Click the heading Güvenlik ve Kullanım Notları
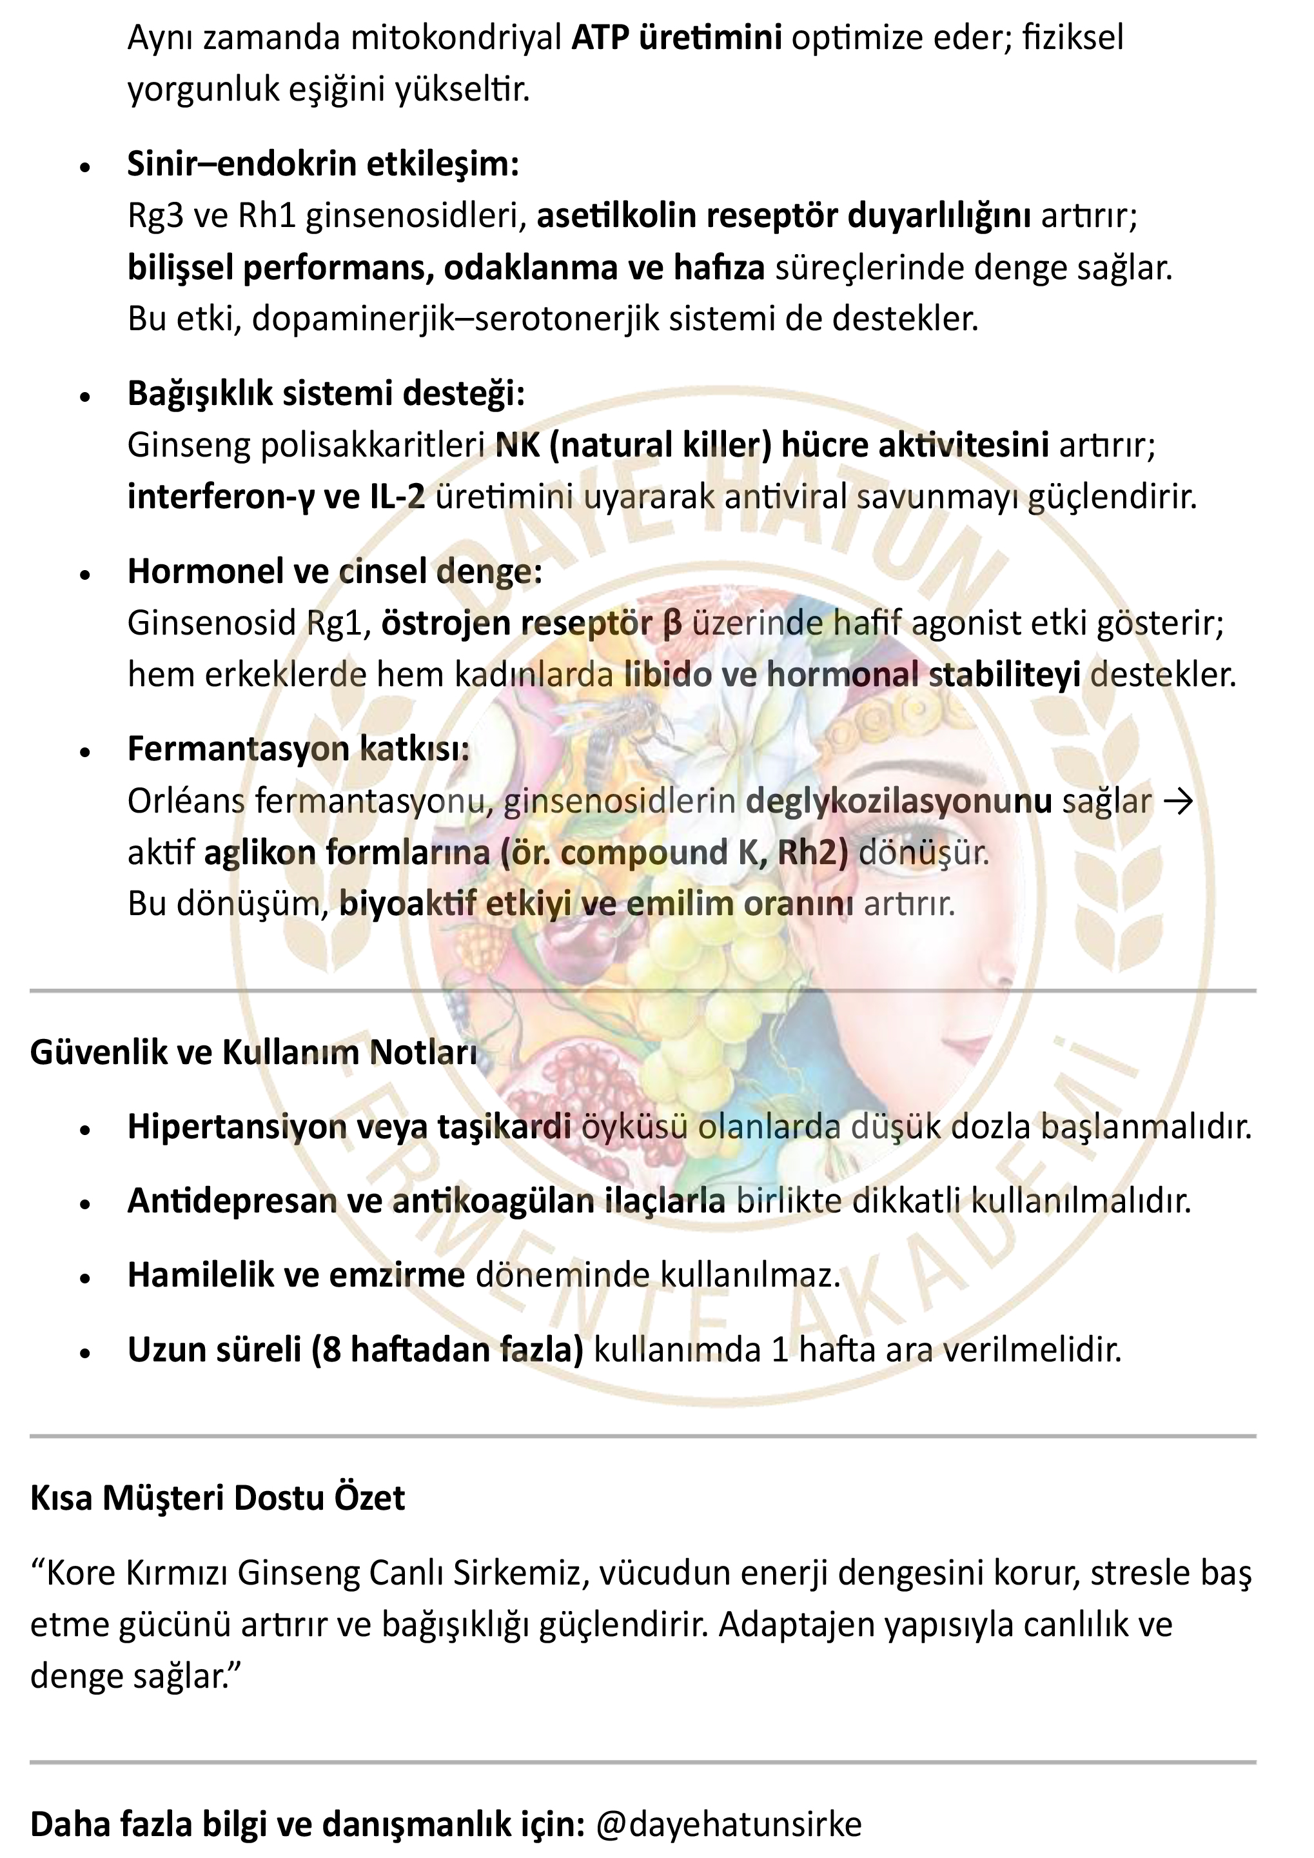253,1052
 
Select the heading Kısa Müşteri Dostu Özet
217,1498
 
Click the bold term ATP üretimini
676,37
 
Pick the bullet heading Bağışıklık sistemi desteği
326,393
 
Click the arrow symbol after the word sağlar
1177,801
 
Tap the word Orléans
186,801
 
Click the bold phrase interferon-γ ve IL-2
276,497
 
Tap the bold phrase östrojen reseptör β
531,623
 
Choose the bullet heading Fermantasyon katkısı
298,749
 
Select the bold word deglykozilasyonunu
898,801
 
